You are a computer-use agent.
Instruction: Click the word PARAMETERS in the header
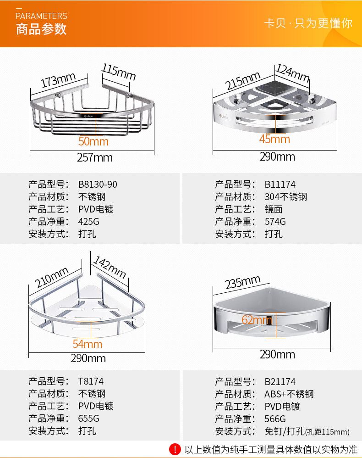click(41, 16)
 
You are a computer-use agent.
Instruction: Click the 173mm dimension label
click(58, 81)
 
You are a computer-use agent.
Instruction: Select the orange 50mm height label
click(93, 141)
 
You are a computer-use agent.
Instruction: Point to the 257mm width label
click(94, 158)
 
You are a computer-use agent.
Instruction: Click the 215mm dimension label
click(243, 81)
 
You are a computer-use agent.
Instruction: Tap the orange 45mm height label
click(274, 139)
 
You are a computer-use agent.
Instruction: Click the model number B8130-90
click(98, 184)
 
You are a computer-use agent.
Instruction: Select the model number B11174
click(280, 184)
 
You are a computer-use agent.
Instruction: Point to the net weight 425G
click(88, 222)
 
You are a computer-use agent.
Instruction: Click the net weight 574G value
click(275, 222)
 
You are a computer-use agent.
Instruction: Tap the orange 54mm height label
click(87, 344)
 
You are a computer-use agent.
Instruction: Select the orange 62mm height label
click(256, 319)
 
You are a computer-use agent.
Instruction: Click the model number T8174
click(91, 381)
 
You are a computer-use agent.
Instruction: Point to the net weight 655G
click(88, 419)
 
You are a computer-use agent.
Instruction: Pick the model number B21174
click(280, 381)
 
